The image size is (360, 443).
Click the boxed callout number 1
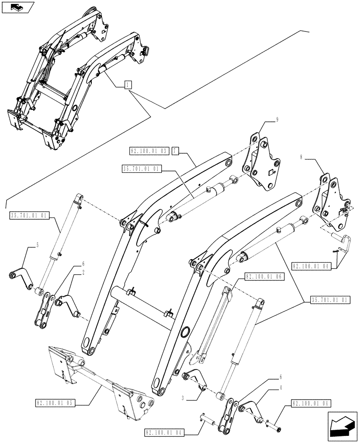point(127,85)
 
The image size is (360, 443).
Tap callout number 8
point(301,157)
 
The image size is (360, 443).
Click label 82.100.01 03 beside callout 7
point(149,152)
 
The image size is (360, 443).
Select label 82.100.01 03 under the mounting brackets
point(55,403)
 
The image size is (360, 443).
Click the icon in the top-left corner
point(17,7)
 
